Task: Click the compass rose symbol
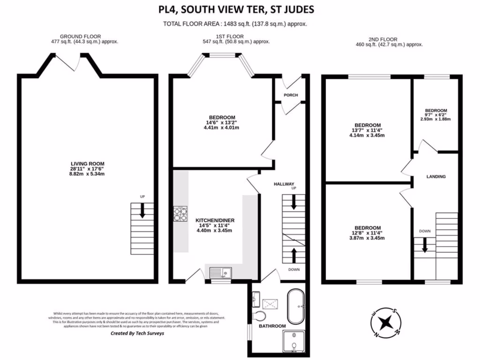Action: coord(386,322)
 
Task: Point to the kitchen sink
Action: coord(220,271)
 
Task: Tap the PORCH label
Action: coord(291,95)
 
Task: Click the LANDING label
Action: coord(436,177)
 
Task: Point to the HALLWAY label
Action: coord(284,184)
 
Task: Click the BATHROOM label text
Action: coord(272,326)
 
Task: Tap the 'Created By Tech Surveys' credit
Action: coord(137,334)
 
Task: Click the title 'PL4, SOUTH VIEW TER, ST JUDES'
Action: coord(236,10)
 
